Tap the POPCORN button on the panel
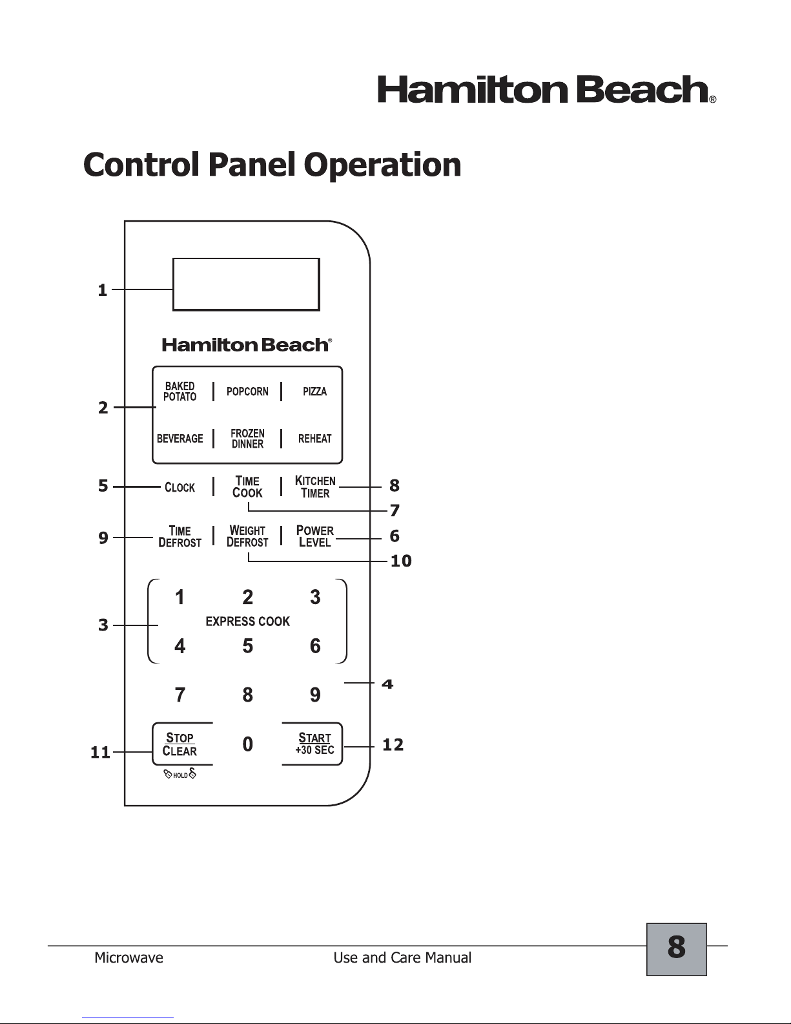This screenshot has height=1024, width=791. coord(247,392)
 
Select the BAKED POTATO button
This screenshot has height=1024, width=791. coord(180,392)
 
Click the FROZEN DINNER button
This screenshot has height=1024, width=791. coord(248,439)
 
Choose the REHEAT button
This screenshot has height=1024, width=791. coord(315,439)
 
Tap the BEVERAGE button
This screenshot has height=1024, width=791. coord(180,439)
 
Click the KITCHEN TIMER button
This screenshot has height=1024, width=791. coord(315,487)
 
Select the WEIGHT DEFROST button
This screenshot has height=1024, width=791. coord(247,537)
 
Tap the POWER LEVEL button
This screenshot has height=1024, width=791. coord(315,537)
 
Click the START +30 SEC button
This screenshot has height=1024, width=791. coord(314,744)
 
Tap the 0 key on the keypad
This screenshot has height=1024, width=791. coord(248,744)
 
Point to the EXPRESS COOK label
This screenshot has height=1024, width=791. coord(248,622)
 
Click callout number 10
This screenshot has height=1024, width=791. coord(401,561)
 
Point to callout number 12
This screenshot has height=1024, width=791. coord(393,745)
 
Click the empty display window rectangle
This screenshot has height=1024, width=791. coord(246,285)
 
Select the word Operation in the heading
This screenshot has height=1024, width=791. coord(382,166)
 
